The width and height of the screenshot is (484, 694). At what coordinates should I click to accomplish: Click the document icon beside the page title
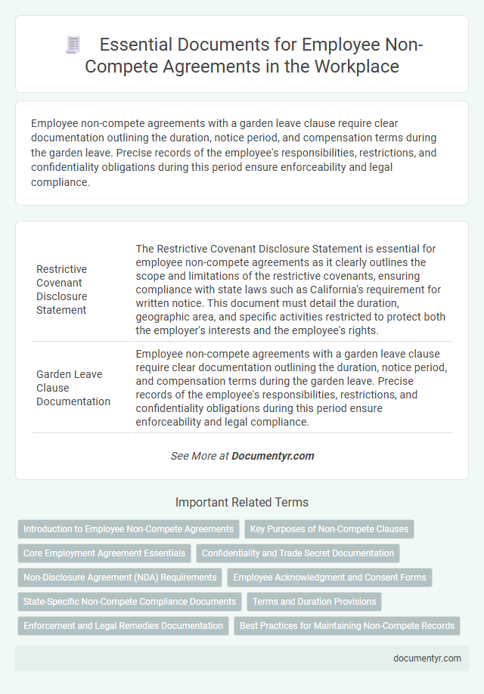(x=73, y=46)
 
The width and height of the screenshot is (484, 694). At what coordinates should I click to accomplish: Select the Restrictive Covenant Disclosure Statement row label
(x=61, y=290)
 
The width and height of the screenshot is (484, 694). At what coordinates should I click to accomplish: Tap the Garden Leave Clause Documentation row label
(x=73, y=387)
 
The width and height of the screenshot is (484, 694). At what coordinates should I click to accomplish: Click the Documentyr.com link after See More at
(x=272, y=456)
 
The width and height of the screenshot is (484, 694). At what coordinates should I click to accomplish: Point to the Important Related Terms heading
(x=241, y=502)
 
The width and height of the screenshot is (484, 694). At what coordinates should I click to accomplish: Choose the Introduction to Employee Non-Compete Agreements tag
(x=129, y=529)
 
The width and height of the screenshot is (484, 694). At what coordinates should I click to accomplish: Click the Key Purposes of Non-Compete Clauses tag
(x=329, y=529)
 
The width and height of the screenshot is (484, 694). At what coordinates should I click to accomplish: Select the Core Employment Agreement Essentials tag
(x=104, y=553)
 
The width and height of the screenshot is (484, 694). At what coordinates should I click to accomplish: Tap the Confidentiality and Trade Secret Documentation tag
(x=298, y=553)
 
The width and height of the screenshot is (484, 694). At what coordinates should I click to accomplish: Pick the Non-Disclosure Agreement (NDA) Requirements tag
(x=120, y=578)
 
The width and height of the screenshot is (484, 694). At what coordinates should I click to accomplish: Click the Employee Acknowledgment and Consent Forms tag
(x=330, y=578)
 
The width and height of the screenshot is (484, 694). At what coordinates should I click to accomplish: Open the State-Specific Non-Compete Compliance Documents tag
(x=130, y=602)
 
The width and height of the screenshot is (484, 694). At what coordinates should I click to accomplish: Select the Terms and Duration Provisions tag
(x=314, y=602)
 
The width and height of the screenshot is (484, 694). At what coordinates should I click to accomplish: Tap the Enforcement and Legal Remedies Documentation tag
(x=123, y=626)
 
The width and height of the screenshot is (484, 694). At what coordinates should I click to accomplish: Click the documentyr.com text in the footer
(x=427, y=658)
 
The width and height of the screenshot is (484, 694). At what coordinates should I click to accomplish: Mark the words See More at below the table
(x=200, y=456)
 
